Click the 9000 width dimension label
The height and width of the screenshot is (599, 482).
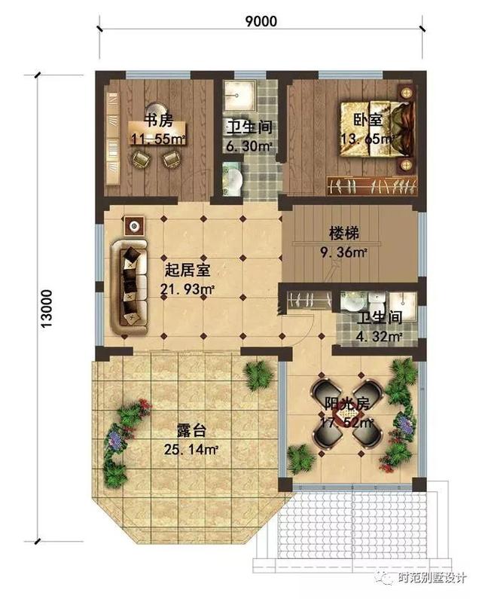click(x=261, y=21)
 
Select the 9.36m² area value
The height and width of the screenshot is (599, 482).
click(x=345, y=252)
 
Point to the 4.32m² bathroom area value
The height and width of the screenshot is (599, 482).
click(x=379, y=336)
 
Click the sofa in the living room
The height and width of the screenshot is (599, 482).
click(x=131, y=285)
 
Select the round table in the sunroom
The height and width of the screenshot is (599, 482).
click(x=343, y=424)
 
